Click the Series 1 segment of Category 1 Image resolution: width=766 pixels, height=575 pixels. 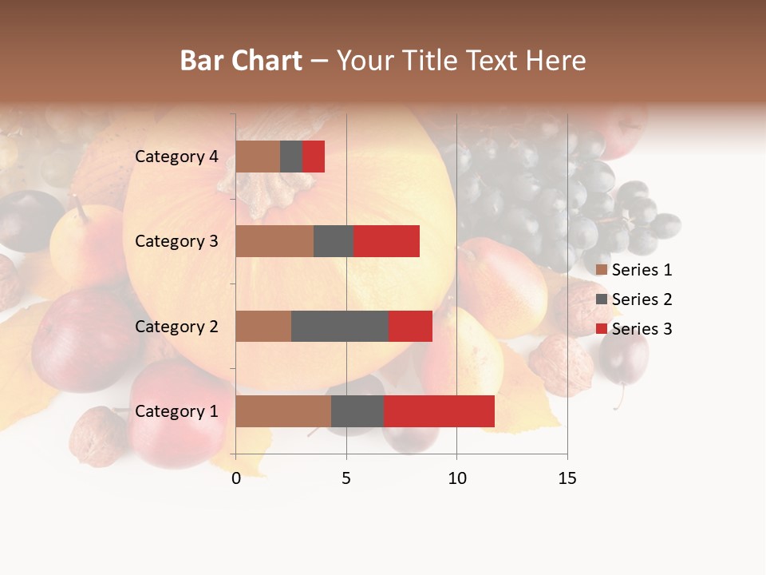283,411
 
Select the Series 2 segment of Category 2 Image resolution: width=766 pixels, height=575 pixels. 340,326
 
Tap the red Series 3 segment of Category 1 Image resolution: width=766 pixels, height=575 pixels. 439,411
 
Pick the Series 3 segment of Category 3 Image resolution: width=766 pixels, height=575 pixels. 386,241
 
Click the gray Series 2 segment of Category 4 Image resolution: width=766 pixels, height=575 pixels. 291,157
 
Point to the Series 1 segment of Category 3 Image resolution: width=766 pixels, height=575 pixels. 274,241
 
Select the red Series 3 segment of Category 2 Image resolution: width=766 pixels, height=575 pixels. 410,326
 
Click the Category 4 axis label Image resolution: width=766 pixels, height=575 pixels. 176,157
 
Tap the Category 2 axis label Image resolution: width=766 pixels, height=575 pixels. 176,327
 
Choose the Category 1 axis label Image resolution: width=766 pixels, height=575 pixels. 176,411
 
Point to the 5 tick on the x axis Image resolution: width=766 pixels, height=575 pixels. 346,478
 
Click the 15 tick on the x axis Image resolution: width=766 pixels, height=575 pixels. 567,478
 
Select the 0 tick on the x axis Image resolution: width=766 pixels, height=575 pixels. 236,478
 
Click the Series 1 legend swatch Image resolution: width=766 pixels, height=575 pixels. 602,270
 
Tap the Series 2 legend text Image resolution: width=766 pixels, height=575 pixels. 642,299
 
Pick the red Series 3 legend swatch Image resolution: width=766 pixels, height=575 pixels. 602,329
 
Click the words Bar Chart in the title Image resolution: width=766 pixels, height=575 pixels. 241,61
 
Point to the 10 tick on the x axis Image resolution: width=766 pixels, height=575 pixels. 456,478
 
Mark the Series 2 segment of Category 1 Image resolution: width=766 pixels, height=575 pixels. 357,411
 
